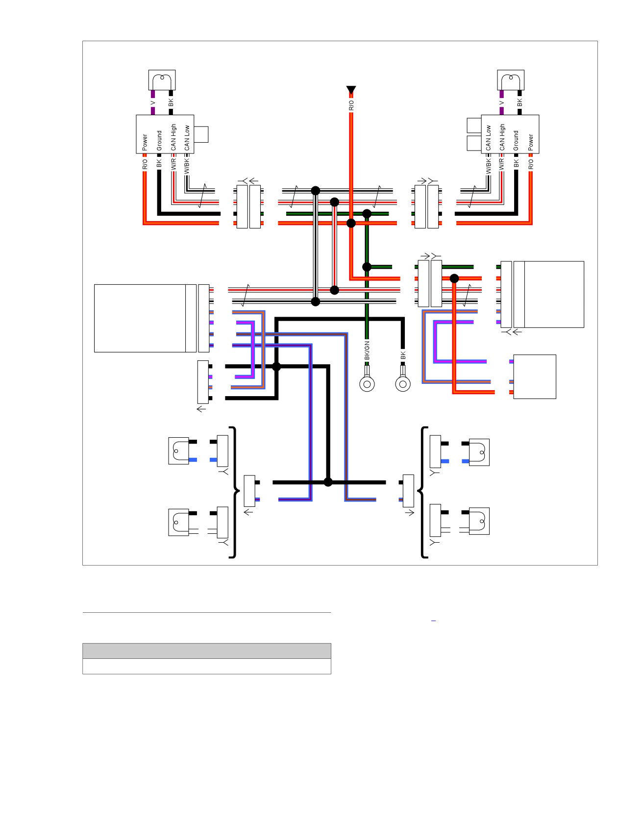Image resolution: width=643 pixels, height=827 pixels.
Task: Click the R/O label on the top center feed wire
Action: pos(351,105)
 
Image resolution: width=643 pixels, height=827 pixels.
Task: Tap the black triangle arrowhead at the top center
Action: pos(351,90)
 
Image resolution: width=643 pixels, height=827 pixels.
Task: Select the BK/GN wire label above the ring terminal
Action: pos(367,351)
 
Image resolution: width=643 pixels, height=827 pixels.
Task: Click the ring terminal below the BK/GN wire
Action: pos(367,383)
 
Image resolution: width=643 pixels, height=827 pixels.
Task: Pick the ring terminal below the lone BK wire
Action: pos(403,383)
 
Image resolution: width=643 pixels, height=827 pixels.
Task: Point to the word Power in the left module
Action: pos(145,142)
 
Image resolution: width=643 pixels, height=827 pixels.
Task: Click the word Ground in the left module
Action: pos(159,141)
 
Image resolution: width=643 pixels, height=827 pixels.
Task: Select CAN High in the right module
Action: pos(502,137)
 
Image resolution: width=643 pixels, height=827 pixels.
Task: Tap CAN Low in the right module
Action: pos(488,138)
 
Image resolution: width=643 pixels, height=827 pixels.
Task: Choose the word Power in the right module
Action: pos(531,142)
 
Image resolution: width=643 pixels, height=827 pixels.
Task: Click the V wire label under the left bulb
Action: pos(152,103)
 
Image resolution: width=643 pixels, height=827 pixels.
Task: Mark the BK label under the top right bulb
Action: pos(519,102)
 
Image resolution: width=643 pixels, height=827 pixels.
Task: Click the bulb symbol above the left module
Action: pos(162,80)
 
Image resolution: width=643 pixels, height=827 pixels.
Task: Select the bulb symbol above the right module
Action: pos(511,80)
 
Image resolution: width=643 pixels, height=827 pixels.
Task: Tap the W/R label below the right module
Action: pos(501,164)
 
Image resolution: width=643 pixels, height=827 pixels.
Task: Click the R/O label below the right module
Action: pos(531,164)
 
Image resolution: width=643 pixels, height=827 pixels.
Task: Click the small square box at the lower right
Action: pos(534,376)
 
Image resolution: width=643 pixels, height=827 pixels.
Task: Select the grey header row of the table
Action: pos(207,651)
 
